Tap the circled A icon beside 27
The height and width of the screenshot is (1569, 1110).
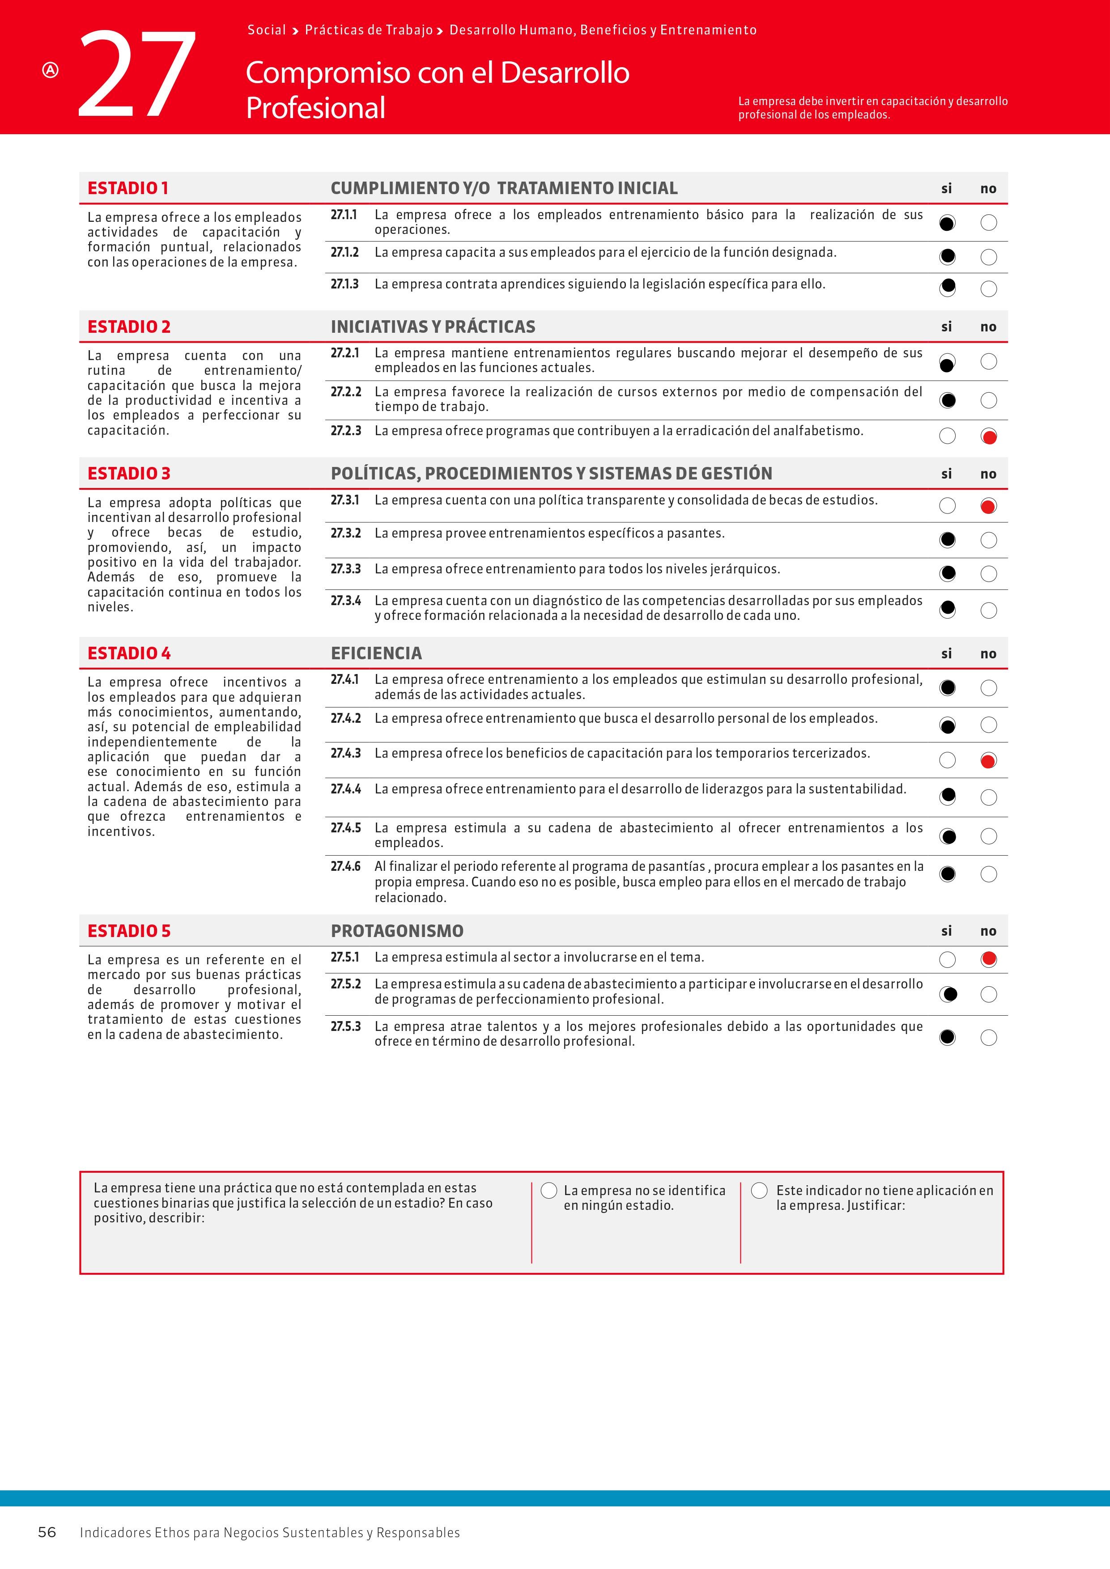click(x=51, y=70)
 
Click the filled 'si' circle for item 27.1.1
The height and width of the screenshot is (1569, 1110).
click(x=947, y=223)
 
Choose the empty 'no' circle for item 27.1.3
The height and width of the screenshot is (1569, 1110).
click(x=988, y=289)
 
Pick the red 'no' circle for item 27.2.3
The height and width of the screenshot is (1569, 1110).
click(x=988, y=436)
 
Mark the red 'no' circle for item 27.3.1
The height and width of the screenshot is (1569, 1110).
click(x=988, y=506)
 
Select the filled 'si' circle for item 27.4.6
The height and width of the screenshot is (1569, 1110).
click(x=947, y=874)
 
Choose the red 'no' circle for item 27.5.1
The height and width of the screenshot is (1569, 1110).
click(x=988, y=959)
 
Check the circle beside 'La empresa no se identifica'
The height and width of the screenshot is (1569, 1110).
click(x=549, y=1191)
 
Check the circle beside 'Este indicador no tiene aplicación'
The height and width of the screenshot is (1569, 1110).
click(x=759, y=1191)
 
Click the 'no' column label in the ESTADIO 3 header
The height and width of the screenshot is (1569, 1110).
click(x=988, y=474)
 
